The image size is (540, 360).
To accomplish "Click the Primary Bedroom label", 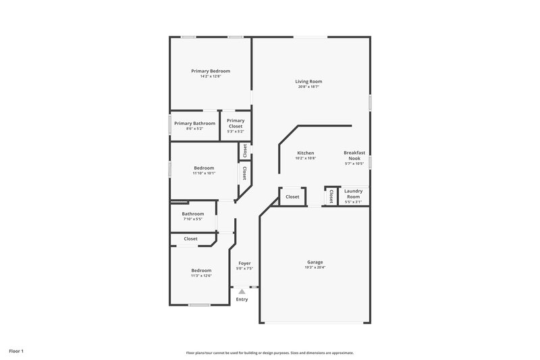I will tap(211, 71).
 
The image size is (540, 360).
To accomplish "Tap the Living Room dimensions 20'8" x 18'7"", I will tap(308, 86).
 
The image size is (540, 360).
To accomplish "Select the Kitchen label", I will tap(306, 153).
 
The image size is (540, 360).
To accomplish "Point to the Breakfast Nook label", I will tap(354, 155).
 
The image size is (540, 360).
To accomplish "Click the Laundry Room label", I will tap(354, 194).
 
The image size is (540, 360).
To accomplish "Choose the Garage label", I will tap(315, 262).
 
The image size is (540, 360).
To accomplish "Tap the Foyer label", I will tap(244, 264).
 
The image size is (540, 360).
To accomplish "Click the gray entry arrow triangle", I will tap(242, 291).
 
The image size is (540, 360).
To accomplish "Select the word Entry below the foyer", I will tap(242, 299).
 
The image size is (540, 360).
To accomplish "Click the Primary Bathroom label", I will tap(195, 124).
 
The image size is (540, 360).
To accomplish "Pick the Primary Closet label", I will tap(236, 123).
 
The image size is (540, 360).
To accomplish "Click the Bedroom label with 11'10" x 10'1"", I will tap(204, 168).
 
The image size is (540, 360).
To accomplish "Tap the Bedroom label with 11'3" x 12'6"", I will tap(201, 270).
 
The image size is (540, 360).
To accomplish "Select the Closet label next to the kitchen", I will tap(292, 197).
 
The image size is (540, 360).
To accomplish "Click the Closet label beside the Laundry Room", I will tap(331, 196).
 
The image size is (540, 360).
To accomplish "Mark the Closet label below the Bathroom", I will tap(191, 238).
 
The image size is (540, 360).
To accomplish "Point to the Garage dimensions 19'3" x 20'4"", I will tap(315, 267).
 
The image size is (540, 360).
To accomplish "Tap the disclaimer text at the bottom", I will tap(270, 353).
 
